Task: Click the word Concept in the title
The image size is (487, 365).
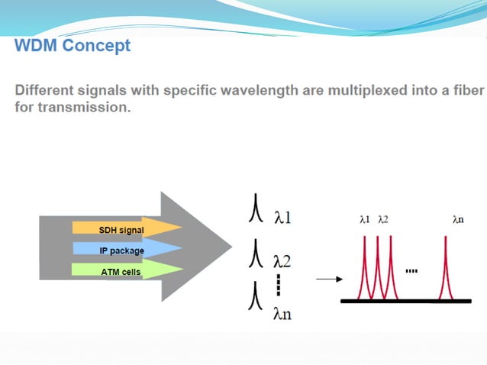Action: (x=96, y=46)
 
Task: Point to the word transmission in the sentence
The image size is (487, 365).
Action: (x=85, y=108)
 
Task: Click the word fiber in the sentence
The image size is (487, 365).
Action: (x=466, y=91)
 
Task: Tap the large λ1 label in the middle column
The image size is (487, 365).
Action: (x=282, y=219)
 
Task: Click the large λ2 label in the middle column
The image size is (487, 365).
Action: (x=282, y=262)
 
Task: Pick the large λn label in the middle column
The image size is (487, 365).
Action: (x=282, y=315)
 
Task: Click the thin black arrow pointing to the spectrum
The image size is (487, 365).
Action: (x=328, y=279)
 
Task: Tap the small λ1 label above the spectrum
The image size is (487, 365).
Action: (x=365, y=219)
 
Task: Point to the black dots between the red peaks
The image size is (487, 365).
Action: (x=412, y=270)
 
